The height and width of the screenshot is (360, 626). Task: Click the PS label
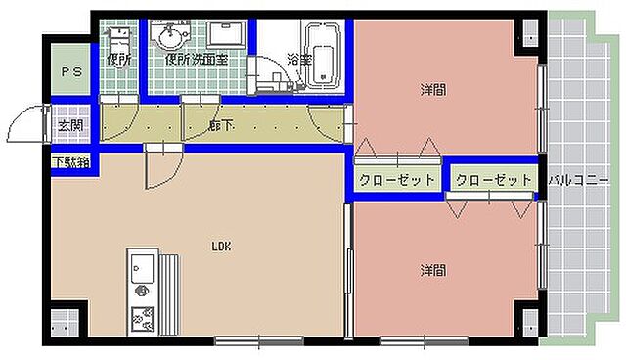pos(71,72)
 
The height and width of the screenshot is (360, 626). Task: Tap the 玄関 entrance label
pos(69,126)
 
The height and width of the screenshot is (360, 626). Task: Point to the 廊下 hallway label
pos(220,126)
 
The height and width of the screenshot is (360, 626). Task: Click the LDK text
pos(221,247)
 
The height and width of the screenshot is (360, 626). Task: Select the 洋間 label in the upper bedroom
pos(433,90)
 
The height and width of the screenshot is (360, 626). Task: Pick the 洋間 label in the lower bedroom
pos(433,269)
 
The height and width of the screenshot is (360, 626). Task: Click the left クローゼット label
pos(395,180)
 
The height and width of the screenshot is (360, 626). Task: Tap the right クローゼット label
pos(494,180)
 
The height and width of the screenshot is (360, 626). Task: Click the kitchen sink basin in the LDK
pos(140,267)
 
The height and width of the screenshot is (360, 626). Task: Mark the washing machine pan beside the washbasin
pos(225,35)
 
